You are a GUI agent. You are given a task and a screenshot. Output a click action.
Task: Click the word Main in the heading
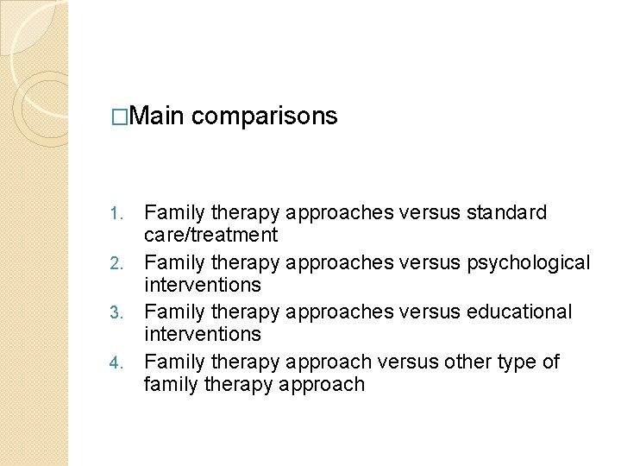click(x=160, y=116)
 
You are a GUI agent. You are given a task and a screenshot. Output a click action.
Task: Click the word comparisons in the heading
click(x=265, y=116)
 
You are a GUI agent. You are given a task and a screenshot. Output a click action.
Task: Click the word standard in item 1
click(x=508, y=212)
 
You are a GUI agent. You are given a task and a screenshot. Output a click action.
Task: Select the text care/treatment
click(x=210, y=235)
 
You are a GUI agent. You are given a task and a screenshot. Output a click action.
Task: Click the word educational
click(x=519, y=312)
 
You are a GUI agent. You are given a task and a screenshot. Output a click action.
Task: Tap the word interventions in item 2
click(x=202, y=285)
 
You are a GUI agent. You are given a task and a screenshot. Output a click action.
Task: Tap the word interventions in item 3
click(x=202, y=334)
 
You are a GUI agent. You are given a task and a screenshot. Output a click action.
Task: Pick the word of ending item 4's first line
click(x=550, y=362)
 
